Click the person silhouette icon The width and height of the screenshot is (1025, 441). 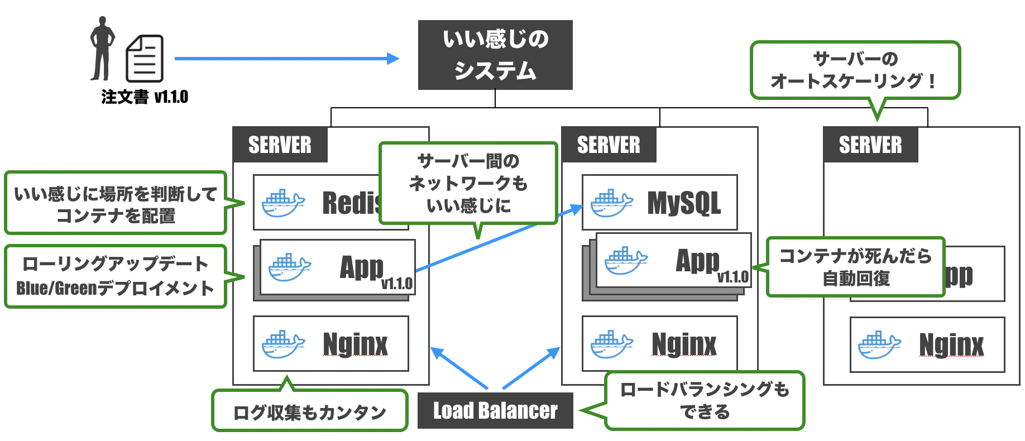[102, 49]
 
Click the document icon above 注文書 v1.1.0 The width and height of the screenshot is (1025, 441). [145, 59]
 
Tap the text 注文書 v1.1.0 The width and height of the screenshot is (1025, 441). [145, 97]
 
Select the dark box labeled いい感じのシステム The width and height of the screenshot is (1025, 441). [495, 55]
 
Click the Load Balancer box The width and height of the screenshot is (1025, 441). [495, 410]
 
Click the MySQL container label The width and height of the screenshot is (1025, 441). [684, 203]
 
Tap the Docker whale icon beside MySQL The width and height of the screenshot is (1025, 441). [611, 203]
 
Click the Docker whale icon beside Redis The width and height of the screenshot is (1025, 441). [283, 203]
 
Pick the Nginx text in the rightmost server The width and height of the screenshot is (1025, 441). [951, 344]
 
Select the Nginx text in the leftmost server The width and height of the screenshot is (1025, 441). [355, 344]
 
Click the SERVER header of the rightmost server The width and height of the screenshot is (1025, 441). [870, 145]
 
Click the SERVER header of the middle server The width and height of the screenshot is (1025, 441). [609, 145]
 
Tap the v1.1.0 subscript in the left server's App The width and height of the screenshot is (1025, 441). [396, 284]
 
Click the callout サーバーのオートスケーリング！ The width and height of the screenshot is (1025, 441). [855, 70]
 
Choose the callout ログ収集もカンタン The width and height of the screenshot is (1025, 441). [309, 412]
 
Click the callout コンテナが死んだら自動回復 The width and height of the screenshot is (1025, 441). [855, 267]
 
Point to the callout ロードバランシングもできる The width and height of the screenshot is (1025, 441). [705, 400]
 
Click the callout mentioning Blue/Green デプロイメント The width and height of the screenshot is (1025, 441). [116, 276]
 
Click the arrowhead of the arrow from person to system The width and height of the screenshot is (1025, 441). [394, 58]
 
